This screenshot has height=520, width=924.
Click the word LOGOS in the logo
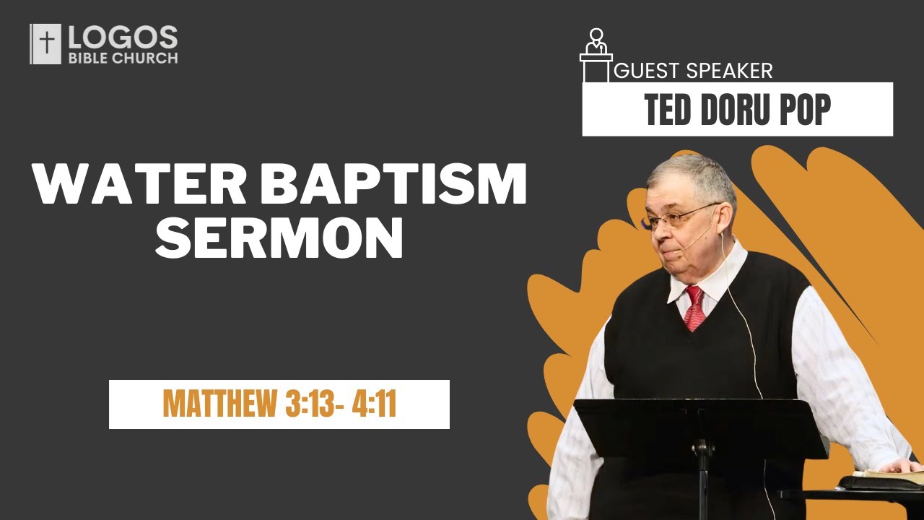point(122,38)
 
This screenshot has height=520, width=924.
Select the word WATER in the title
point(138,184)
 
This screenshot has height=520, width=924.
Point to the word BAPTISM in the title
point(393,184)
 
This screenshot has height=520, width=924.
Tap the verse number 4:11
point(374,404)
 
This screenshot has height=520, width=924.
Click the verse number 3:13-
point(311,404)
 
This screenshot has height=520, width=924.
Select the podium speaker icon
point(596,54)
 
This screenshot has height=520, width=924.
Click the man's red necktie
point(694,307)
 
